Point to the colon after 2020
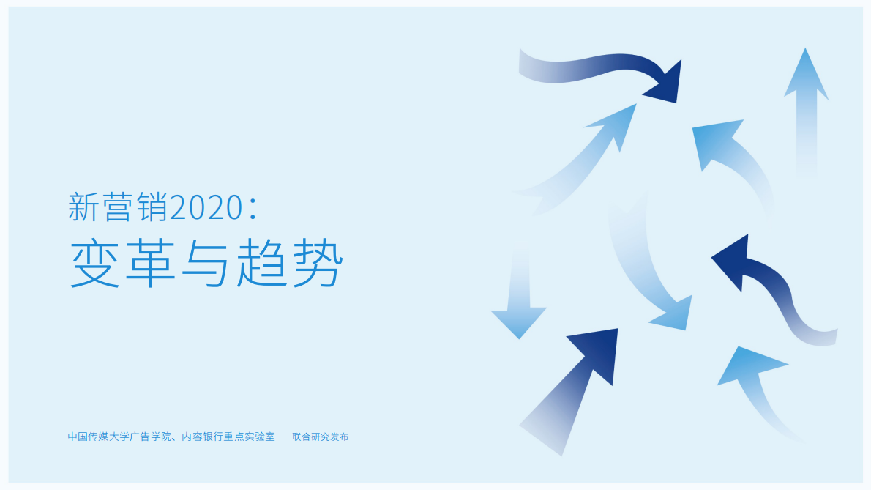(253, 209)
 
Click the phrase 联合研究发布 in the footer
(321, 437)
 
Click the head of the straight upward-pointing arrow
(806, 77)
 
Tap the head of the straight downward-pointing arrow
(519, 320)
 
